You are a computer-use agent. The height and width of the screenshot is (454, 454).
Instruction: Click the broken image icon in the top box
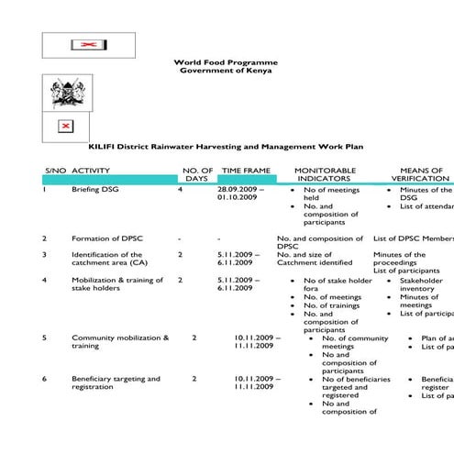pyautogui.click(x=88, y=44)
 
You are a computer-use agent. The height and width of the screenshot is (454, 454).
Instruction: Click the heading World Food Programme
pyautogui.click(x=225, y=62)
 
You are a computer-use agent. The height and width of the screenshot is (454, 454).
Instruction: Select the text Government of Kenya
pyautogui.click(x=225, y=71)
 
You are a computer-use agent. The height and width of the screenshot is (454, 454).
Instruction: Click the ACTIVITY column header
pyautogui.click(x=91, y=171)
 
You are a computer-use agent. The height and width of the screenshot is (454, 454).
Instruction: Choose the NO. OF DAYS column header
pyautogui.click(x=197, y=174)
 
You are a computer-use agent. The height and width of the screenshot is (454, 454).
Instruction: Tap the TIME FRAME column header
pyautogui.click(x=246, y=171)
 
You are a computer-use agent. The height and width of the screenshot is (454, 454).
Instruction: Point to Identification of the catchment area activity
pyautogui.click(x=106, y=259)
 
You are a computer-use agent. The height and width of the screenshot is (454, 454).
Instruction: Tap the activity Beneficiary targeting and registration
pyautogui.click(x=116, y=382)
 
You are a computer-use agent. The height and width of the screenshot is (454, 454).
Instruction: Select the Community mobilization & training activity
pyautogui.click(x=120, y=342)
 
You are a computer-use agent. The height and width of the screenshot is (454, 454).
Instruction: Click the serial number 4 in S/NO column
pyautogui.click(x=45, y=280)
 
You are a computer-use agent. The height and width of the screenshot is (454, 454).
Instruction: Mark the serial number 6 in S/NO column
pyautogui.click(x=45, y=379)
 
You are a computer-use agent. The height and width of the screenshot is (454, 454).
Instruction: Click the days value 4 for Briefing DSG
pyautogui.click(x=181, y=189)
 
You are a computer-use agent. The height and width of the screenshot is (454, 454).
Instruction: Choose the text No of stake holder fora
pyautogui.click(x=338, y=280)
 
